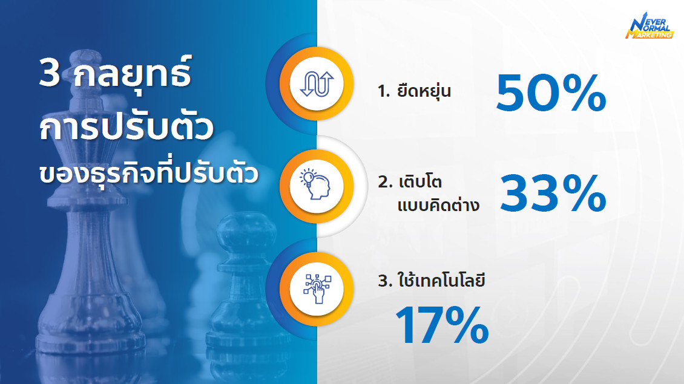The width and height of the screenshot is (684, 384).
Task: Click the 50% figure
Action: [551, 93]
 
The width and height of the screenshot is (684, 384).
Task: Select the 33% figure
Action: [553, 194]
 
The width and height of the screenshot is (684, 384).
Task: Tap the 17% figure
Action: [442, 325]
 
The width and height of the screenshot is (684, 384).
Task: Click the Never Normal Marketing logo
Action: [649, 26]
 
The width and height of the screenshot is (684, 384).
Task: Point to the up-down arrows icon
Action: [317, 83]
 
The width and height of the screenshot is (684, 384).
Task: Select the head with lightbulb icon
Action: [315, 184]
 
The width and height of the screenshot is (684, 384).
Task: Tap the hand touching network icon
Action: [317, 288]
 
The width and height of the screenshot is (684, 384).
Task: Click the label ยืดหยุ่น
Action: [424, 91]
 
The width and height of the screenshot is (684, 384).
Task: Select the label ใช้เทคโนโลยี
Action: [441, 279]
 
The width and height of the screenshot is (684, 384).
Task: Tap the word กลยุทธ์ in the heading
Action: [133, 73]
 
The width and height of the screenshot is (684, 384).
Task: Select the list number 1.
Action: [383, 91]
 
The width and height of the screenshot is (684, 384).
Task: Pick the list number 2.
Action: [385, 182]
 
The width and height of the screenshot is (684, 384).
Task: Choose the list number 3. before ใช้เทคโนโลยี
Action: [385, 281]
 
